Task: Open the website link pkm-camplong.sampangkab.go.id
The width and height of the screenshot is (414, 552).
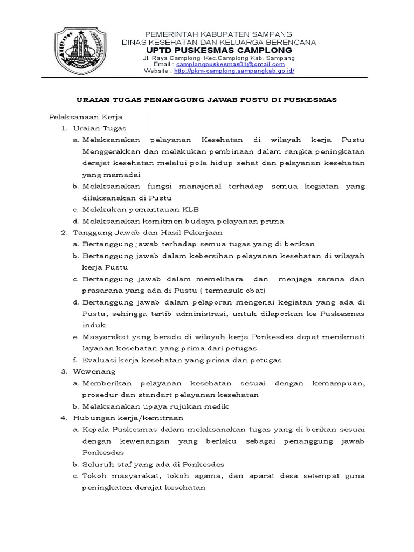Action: (x=234, y=71)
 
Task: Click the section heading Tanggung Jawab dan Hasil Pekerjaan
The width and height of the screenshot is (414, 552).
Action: (x=148, y=233)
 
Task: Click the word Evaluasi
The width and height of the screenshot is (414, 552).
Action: (x=98, y=361)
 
